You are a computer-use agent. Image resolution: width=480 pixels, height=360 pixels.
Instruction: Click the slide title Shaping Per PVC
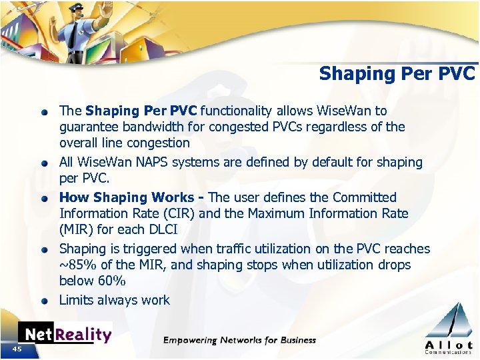[x=397, y=73]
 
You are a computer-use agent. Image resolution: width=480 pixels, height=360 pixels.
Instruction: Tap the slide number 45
[x=17, y=349]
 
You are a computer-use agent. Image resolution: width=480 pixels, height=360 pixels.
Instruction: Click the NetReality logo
[x=65, y=334]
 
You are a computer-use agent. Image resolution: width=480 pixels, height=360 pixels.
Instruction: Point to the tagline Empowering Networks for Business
[x=239, y=341]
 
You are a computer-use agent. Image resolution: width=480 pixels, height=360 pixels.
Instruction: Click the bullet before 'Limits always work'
[x=44, y=301]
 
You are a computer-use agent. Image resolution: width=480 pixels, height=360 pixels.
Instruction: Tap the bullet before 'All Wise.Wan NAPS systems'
[x=44, y=163]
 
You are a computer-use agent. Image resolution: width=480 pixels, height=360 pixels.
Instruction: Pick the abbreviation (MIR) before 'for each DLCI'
[x=77, y=229]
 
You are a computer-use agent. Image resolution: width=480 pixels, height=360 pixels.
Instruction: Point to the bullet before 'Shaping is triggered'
[x=44, y=249]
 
